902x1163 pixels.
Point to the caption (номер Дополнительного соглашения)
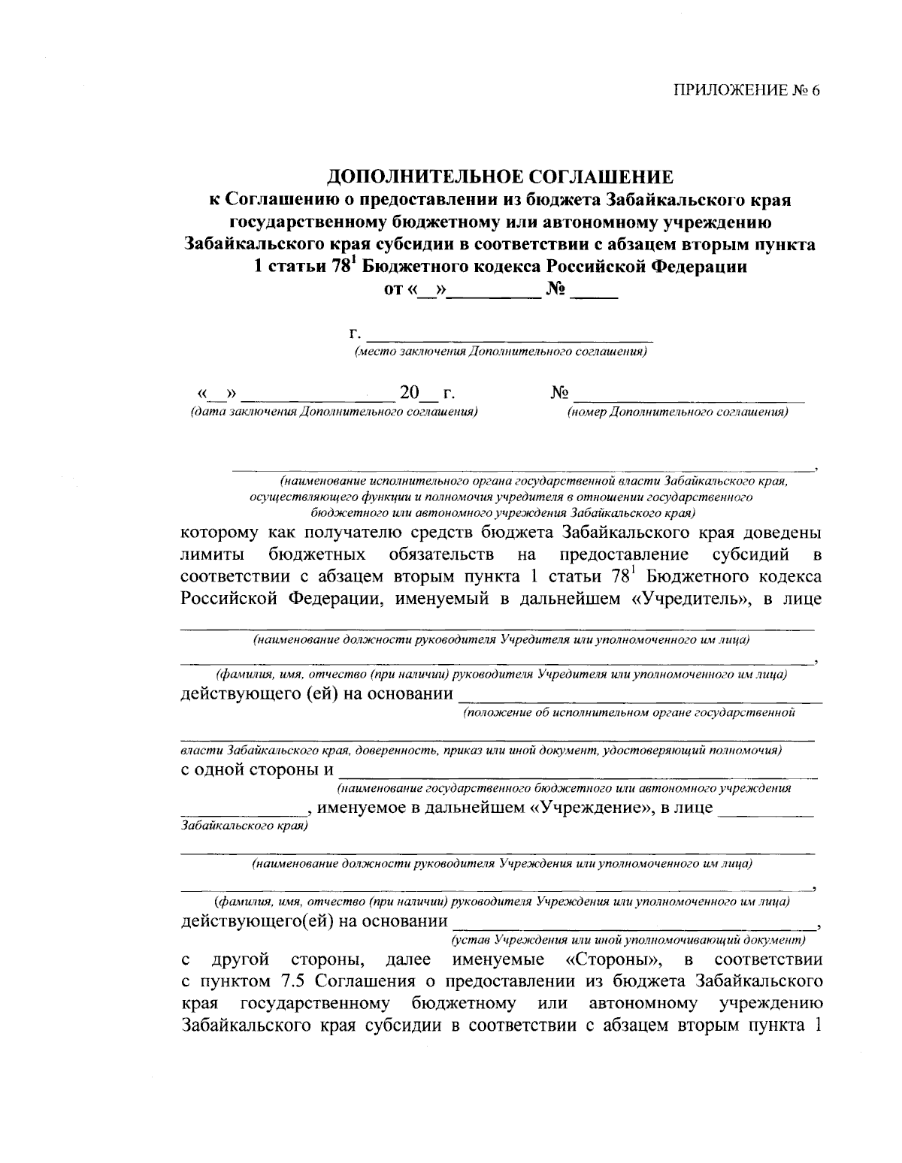click(x=677, y=412)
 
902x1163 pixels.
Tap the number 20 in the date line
click(x=410, y=393)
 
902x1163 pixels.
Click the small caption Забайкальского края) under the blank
click(x=244, y=825)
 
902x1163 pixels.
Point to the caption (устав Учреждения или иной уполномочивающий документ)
click(x=628, y=940)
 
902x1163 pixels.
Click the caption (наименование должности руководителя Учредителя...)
click(x=501, y=640)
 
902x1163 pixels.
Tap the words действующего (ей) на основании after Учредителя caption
click(x=317, y=694)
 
